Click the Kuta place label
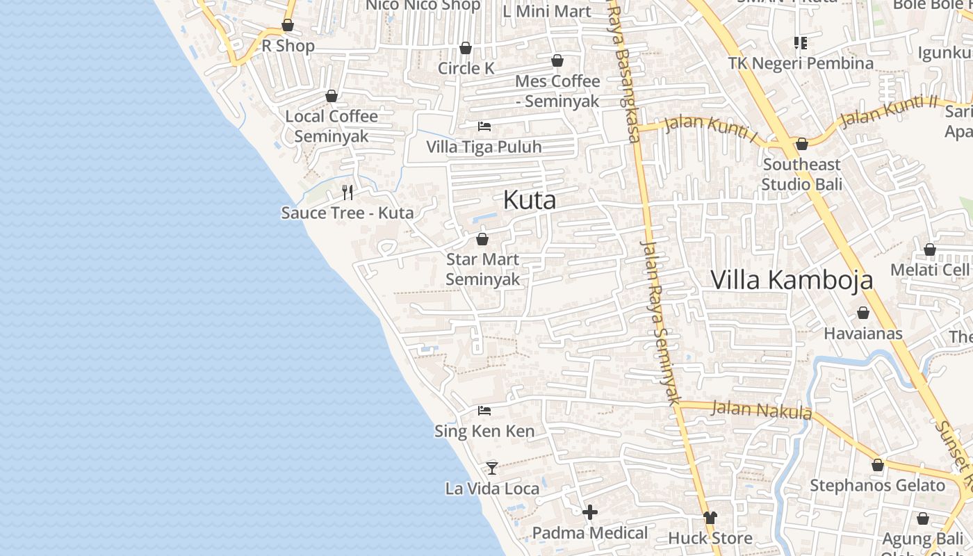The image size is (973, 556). (530, 200)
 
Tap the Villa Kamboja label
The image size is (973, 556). (792, 279)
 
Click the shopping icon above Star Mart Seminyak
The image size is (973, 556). (482, 239)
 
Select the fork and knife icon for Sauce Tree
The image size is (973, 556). (347, 192)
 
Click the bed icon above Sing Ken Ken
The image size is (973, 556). (484, 411)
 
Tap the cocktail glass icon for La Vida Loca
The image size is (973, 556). (492, 468)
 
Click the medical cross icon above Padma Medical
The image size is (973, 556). (590, 513)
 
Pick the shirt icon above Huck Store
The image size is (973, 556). (710, 517)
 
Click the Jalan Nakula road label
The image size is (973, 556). (762, 409)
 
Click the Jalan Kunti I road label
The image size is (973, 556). (710, 128)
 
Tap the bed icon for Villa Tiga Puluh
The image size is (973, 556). (484, 126)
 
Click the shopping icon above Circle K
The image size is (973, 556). (466, 48)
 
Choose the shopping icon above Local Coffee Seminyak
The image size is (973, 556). (332, 96)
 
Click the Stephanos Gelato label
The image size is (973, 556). (877, 485)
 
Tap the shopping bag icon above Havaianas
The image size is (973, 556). (863, 313)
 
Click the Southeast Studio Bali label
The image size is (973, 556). (801, 174)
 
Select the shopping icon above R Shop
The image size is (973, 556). (288, 26)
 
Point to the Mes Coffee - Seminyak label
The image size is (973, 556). (557, 91)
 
